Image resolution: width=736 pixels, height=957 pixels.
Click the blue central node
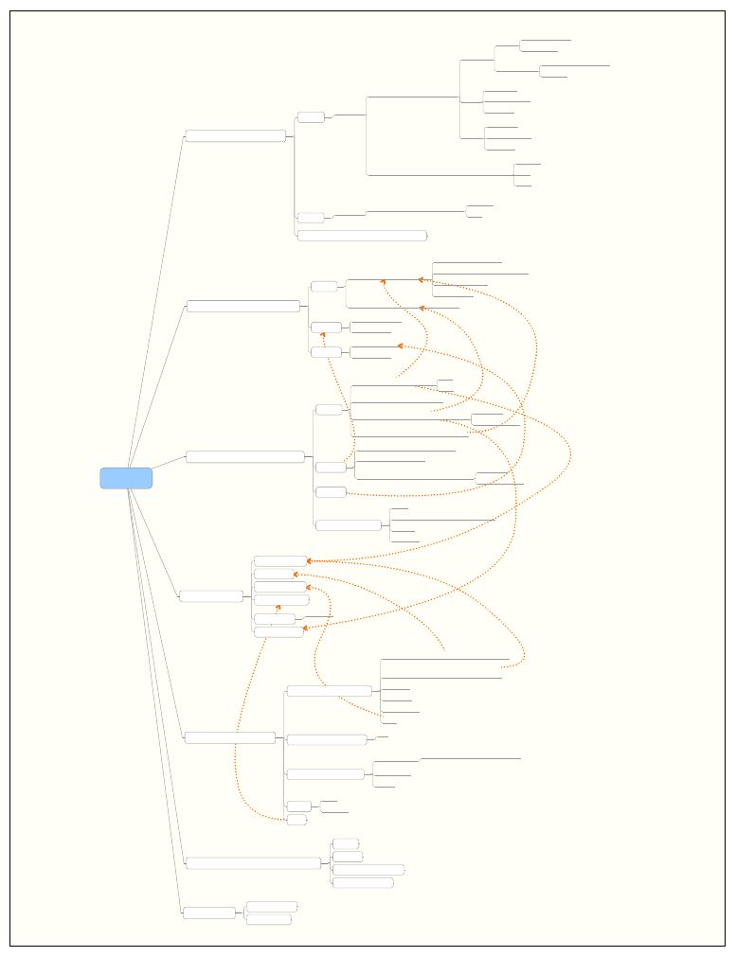(126, 478)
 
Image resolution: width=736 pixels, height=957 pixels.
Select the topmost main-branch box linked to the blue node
(236, 136)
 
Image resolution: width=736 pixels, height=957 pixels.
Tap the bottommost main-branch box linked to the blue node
(209, 913)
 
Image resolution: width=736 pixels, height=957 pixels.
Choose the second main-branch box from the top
(243, 306)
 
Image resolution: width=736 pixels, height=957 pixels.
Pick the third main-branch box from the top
(245, 457)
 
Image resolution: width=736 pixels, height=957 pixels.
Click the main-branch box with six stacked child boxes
(211, 595)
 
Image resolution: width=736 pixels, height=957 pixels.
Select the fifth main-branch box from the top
(230, 737)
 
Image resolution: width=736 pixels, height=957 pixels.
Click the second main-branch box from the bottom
(254, 862)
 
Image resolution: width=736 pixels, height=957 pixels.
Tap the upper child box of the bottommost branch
(272, 907)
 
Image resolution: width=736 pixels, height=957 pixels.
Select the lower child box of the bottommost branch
(269, 919)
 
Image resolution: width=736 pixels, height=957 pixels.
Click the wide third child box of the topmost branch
(362, 235)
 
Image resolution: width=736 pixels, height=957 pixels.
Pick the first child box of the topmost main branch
(311, 117)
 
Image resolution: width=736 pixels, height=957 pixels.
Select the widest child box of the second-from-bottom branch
(368, 869)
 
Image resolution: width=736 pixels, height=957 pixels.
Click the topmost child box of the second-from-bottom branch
(346, 843)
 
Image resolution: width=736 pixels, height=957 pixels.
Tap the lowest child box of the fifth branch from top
(296, 820)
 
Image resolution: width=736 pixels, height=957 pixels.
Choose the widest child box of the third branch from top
(349, 525)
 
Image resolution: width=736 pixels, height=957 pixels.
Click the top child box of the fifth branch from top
(330, 691)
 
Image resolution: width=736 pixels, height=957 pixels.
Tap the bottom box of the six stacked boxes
(278, 632)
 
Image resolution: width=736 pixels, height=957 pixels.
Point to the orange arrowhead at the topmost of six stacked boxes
(309, 561)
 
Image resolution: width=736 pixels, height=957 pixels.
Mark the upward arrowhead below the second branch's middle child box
(323, 335)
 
